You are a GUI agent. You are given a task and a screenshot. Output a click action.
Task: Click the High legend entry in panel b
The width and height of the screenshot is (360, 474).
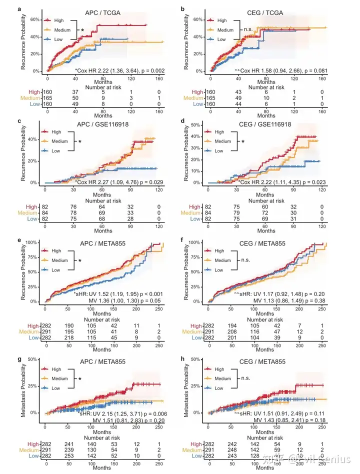(x=222, y=20)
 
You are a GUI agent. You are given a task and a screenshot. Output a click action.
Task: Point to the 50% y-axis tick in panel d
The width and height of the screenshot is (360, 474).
(x=198, y=125)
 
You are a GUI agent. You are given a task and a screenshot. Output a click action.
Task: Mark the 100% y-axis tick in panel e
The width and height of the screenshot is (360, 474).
(x=33, y=243)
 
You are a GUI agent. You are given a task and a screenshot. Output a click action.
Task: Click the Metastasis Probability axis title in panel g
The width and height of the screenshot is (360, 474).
(x=24, y=386)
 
